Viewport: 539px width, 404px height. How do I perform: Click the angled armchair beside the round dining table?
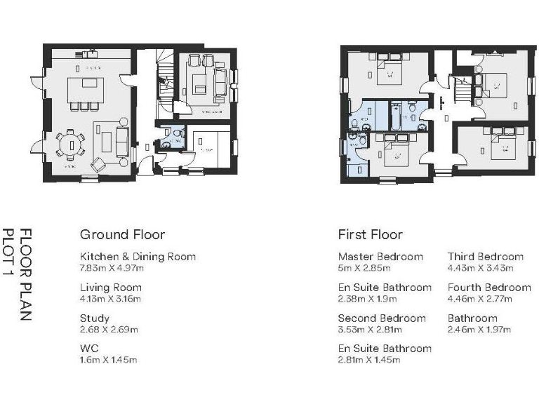[97, 165]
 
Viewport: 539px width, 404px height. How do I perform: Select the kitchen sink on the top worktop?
[92, 52]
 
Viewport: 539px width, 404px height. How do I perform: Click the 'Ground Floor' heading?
[122, 234]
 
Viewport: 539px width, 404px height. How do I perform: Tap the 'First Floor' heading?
[370, 234]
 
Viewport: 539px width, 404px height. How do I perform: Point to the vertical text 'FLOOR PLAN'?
[25, 275]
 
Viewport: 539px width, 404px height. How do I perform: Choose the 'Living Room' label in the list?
[110, 288]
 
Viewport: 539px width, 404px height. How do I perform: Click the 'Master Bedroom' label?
[380, 257]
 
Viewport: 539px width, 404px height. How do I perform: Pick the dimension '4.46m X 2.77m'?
[480, 298]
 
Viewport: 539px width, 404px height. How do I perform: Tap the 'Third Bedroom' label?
[485, 257]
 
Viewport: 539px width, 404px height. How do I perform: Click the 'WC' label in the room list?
[89, 349]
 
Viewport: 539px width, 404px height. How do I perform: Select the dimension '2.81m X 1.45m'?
[369, 360]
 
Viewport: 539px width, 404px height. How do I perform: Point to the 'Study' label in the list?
[95, 318]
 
